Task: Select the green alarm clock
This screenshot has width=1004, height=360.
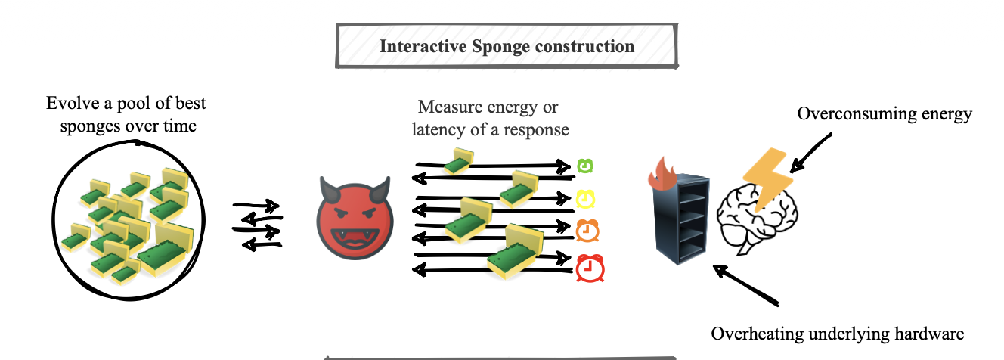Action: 585,166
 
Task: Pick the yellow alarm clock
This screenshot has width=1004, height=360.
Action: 586,198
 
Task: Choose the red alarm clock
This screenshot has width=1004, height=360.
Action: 587,268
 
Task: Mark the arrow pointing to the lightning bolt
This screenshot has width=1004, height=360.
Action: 810,151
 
